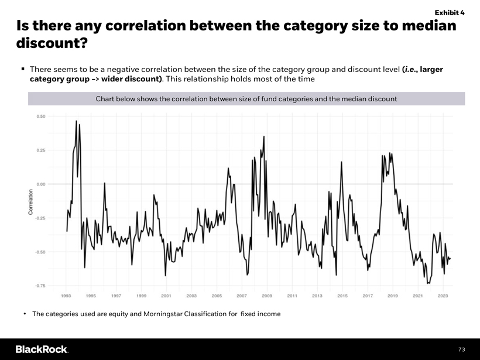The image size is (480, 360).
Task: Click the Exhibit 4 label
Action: click(450, 12)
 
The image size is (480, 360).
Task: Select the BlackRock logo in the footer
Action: click(42, 349)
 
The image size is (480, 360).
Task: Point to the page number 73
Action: click(461, 349)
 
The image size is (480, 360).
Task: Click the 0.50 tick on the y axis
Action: click(41, 116)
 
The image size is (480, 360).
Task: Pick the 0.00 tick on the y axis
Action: click(41, 184)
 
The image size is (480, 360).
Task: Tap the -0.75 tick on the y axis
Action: click(40, 286)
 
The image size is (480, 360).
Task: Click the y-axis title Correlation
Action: click(30, 202)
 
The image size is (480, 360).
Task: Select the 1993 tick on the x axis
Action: click(66, 296)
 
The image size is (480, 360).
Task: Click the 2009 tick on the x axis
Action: click(267, 296)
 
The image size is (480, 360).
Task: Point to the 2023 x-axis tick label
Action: click(443, 296)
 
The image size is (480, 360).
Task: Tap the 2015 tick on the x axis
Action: click(342, 296)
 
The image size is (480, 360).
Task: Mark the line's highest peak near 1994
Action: click(76, 121)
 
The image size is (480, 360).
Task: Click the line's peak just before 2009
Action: click(264, 136)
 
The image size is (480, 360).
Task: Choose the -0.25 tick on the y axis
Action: click(40, 218)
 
